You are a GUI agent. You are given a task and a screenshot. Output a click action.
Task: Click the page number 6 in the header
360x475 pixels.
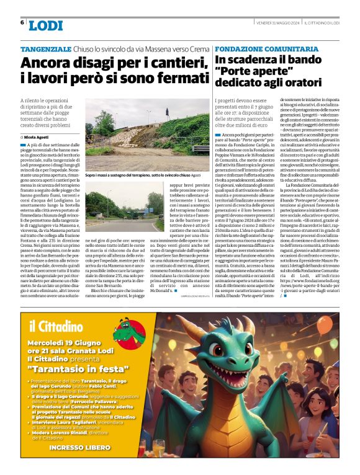[x=22, y=23]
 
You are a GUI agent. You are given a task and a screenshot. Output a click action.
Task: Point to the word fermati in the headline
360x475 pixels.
[x=178, y=79]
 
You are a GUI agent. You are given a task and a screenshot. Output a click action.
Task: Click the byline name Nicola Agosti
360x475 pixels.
[x=39, y=136]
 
